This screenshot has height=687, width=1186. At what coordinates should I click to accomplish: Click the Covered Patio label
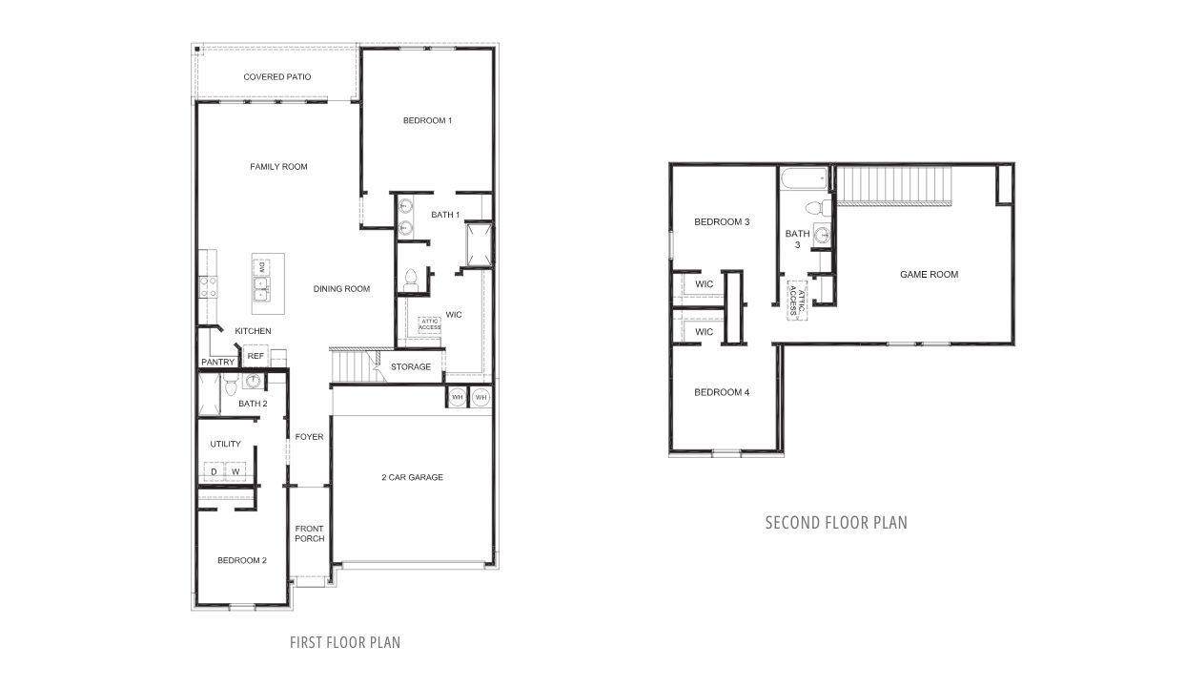[x=276, y=76]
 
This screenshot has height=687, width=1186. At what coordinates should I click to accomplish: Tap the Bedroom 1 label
[x=426, y=120]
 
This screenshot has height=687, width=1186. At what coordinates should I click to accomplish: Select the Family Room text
[x=278, y=167]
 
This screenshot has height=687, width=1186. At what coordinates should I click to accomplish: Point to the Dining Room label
[x=341, y=289]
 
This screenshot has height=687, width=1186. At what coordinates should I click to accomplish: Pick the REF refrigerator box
[x=255, y=356]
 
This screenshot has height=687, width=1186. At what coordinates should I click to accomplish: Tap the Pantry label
[x=217, y=363]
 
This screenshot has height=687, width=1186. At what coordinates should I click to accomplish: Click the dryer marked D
[x=214, y=472]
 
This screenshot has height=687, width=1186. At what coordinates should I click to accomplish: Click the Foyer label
[x=309, y=437]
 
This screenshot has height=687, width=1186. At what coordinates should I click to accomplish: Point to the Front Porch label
[x=309, y=533]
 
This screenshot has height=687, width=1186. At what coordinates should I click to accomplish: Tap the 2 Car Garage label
[x=412, y=477]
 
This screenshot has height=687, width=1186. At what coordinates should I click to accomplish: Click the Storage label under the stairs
[x=410, y=366]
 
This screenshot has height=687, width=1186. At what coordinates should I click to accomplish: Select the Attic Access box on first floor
[x=429, y=324]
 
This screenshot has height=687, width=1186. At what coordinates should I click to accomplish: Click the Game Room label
[x=929, y=275]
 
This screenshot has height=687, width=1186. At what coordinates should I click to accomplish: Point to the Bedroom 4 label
[x=722, y=392]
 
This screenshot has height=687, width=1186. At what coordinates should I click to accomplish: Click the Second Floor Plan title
[x=836, y=523]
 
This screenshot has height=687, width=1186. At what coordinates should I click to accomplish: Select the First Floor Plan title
[x=345, y=642]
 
